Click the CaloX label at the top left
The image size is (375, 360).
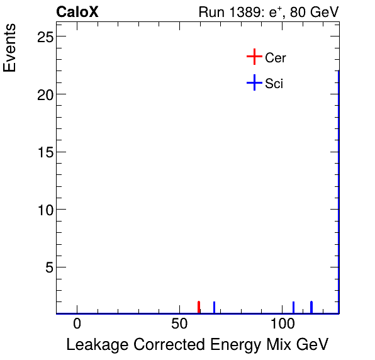77,12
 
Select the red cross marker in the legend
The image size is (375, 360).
254,57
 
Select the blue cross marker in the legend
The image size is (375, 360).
254,82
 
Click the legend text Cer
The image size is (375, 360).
276,58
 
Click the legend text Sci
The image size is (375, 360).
274,83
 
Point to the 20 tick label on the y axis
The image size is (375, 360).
42,94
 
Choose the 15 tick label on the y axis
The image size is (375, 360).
42,152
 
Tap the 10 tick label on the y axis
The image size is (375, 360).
42,210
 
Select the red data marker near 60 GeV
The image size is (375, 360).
199,307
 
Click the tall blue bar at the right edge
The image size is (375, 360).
339,189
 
